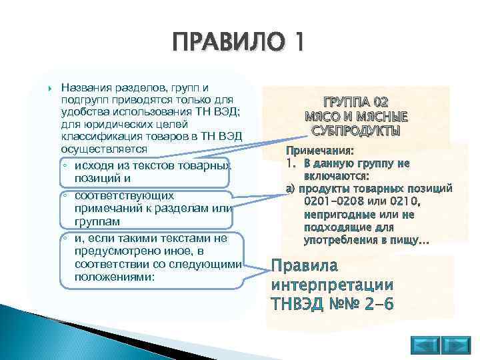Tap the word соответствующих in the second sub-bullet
click(x=116, y=196)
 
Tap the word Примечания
click(x=319, y=151)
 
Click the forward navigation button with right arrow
click(x=457, y=345)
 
